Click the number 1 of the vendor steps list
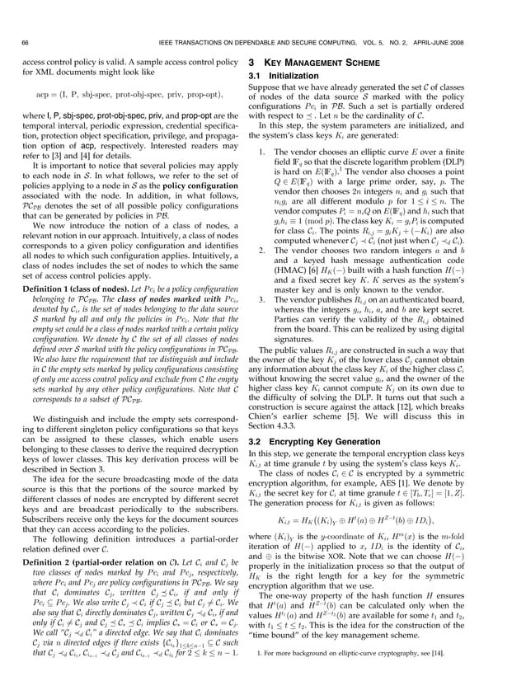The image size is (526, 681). click(261, 153)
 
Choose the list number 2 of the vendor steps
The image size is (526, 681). click(261, 250)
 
